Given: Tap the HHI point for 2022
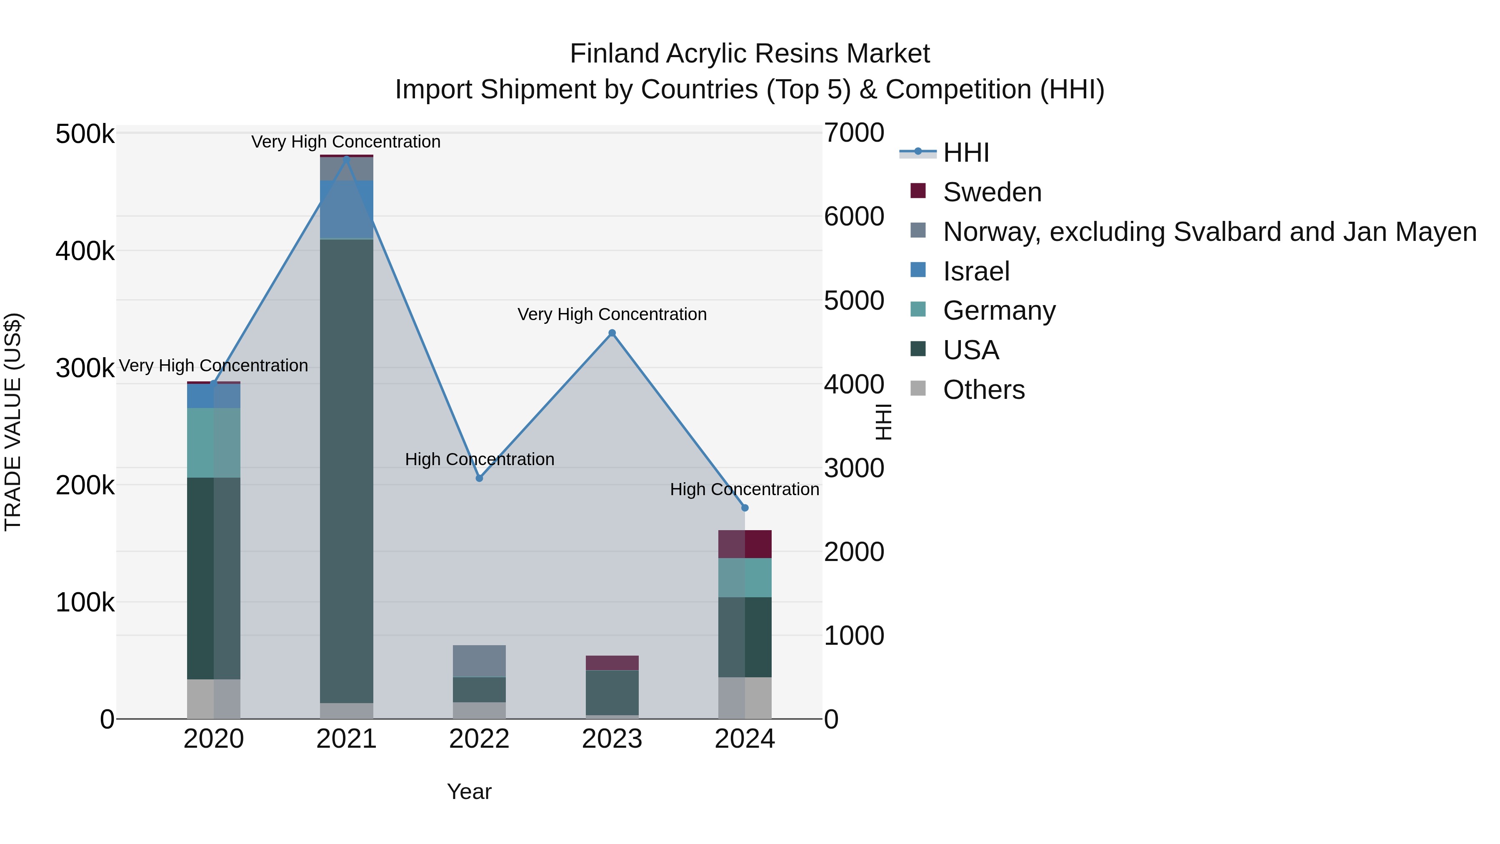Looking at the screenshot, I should click(x=479, y=478).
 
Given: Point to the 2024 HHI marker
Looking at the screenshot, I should click(x=745, y=508).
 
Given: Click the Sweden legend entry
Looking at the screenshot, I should click(x=992, y=192).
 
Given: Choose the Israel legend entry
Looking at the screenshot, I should click(x=976, y=271).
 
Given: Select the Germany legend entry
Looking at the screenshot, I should click(x=999, y=311).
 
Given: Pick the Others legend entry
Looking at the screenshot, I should click(x=983, y=390).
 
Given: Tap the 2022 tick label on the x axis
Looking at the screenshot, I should click(x=479, y=739).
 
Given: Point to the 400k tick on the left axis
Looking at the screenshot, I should click(x=85, y=252).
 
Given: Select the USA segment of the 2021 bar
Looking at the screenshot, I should click(x=347, y=471).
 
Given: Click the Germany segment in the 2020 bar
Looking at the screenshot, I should click(x=214, y=443).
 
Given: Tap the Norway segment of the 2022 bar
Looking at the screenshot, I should click(x=479, y=661).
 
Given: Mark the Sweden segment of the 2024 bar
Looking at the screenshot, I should click(x=745, y=544).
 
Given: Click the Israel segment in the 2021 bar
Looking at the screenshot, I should click(x=347, y=209).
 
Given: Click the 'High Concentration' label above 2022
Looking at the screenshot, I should click(x=479, y=460).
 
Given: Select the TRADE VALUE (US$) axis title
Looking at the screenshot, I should click(x=13, y=422).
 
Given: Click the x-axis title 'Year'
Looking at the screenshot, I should click(x=469, y=791).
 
